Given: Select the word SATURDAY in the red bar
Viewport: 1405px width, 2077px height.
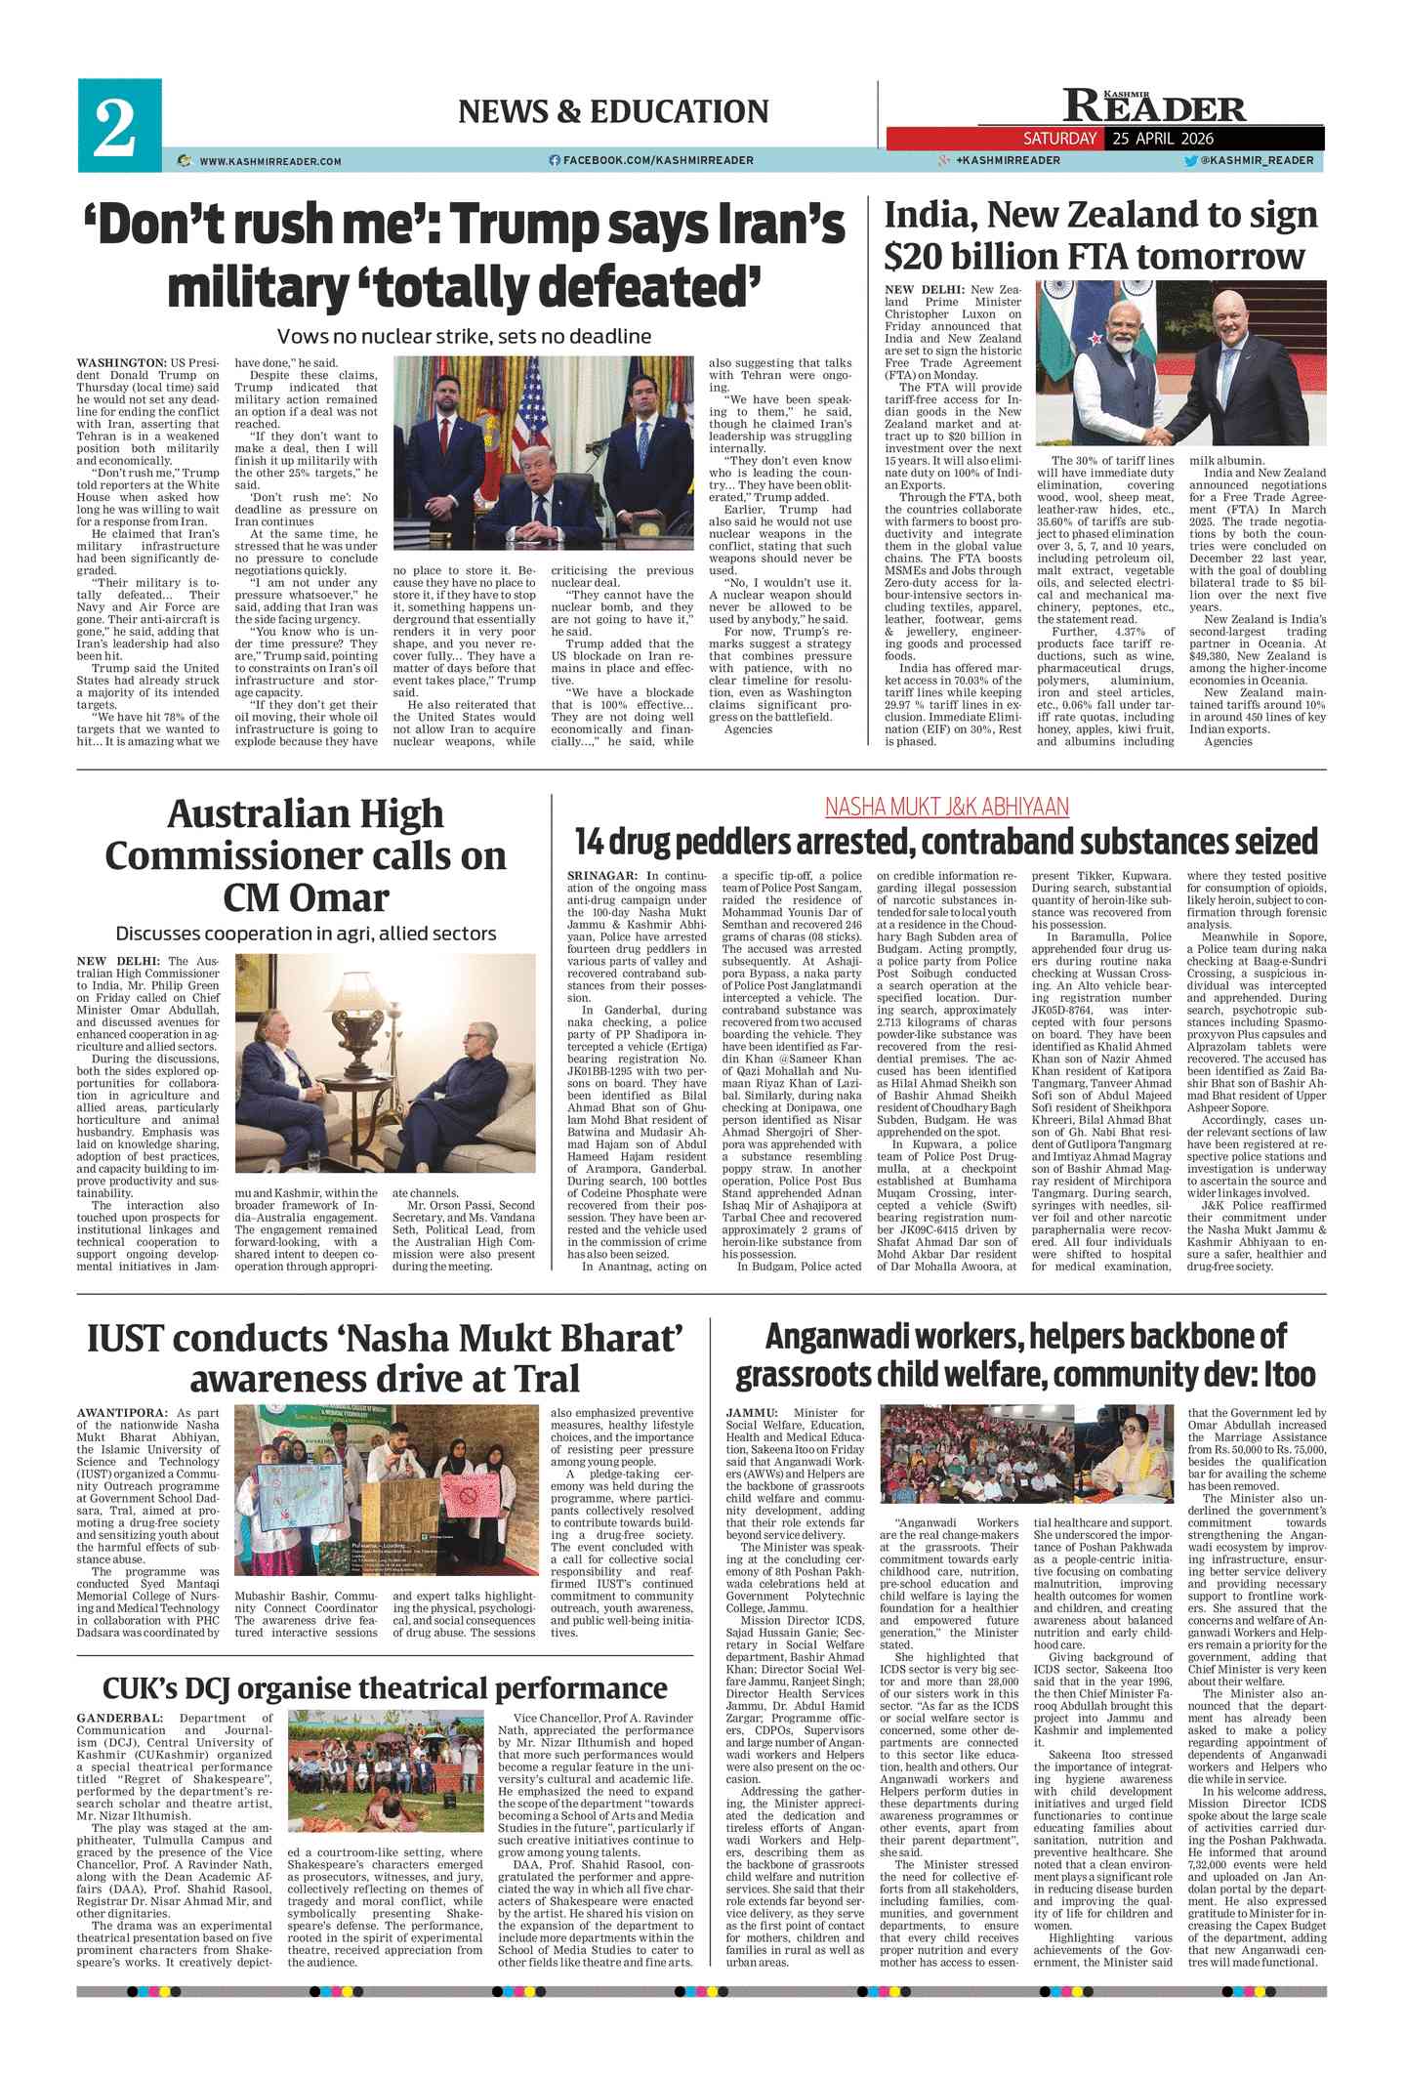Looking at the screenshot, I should [1059, 139].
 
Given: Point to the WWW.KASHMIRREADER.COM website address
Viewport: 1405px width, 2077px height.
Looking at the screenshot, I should [270, 161].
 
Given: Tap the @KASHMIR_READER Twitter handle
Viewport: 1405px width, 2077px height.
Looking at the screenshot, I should [1257, 160].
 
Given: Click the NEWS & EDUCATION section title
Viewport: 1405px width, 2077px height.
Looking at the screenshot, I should [613, 112].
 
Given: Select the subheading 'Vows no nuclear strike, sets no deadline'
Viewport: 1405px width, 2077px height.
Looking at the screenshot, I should [464, 337].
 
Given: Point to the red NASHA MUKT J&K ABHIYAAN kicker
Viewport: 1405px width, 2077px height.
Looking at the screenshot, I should [946, 807].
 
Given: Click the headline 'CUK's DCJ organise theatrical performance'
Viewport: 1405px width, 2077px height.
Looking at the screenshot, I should [385, 1687].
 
